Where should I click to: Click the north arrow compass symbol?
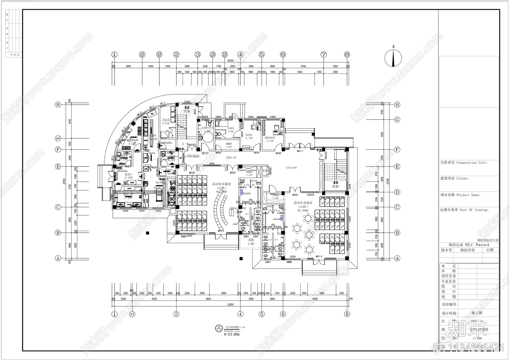point(393,59)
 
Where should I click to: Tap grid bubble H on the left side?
point(58,105)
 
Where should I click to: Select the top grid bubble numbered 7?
point(324,54)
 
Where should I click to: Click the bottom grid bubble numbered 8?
point(347,314)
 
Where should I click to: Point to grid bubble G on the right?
point(397,120)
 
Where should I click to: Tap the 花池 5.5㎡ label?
point(251,242)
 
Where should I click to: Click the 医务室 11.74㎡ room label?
point(249,136)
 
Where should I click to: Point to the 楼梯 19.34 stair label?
point(335,185)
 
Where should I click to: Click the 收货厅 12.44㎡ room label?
point(128,176)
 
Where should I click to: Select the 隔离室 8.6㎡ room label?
point(231,130)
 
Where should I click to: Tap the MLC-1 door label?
point(300,151)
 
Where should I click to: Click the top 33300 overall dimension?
point(230,60)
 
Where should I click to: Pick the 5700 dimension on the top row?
point(303,66)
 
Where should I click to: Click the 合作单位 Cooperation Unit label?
point(464,163)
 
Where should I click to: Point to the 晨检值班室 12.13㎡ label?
point(269,139)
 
